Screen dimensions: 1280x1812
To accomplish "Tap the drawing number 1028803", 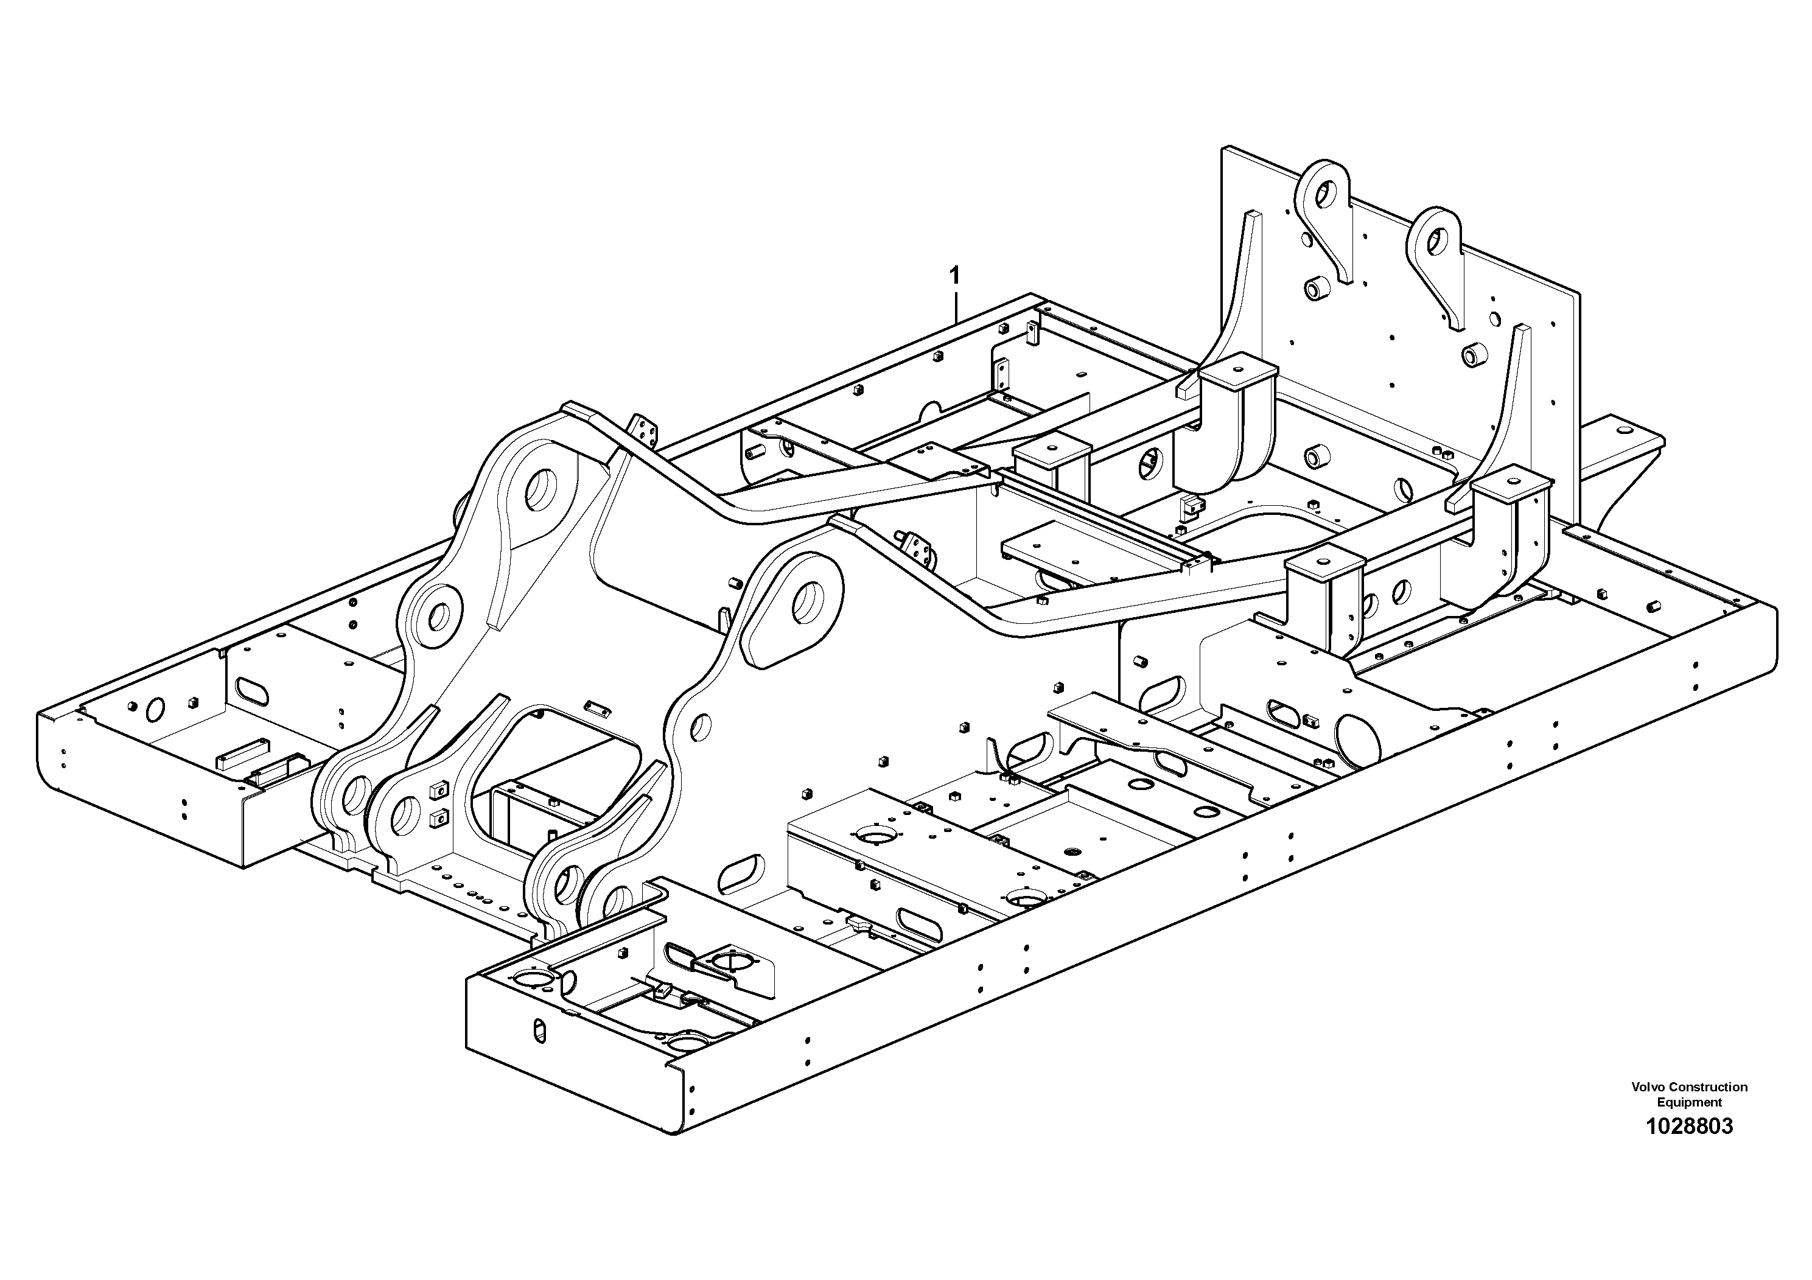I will (x=1689, y=1127).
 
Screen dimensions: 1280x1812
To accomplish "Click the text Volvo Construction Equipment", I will (x=1689, y=1094).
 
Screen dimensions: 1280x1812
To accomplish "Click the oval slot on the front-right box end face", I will (x=540, y=1030).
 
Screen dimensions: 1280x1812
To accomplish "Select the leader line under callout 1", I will (x=956, y=306).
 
